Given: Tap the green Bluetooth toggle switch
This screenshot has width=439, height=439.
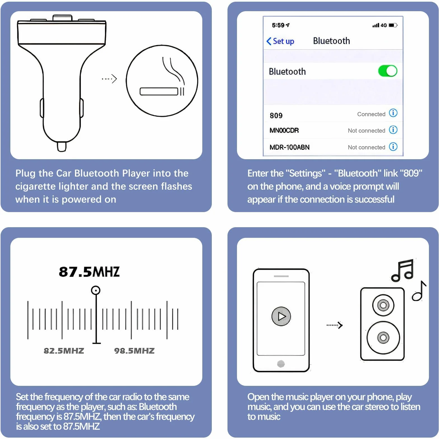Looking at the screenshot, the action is coord(388,71).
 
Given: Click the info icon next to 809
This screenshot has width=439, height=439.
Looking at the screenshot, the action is coord(393,113).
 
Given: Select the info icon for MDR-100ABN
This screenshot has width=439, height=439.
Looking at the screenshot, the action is coord(393,147).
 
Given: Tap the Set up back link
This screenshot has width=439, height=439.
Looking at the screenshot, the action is coord(280,41).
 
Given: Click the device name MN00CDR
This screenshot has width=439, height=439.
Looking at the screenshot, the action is coord(284,130).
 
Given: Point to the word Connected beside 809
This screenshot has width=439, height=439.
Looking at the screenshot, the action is coord(371,114).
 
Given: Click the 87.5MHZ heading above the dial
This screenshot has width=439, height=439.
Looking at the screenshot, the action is coord(89,272).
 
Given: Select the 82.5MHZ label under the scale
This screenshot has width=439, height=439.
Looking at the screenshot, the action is coord(64,351).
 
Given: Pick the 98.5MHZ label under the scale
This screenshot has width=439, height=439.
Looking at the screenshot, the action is coord(134,351).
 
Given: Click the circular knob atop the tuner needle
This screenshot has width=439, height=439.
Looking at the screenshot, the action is coord(96,290).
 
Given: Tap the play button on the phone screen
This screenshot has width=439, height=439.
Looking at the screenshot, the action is coord(281,316).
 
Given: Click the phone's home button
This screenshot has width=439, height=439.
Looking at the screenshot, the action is coord(281,364).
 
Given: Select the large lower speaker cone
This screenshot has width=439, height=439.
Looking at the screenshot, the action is coord(383,338).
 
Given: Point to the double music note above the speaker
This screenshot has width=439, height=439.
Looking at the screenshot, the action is coord(403,270).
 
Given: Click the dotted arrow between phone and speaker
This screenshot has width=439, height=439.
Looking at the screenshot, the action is coord(335,325).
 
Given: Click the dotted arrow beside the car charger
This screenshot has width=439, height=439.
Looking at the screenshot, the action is coord(109,79).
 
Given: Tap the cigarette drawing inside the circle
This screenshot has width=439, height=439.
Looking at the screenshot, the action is coord(162,91).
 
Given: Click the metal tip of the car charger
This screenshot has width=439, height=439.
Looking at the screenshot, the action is coord(62,147).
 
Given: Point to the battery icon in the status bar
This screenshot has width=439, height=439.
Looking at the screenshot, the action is coord(393,25).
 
